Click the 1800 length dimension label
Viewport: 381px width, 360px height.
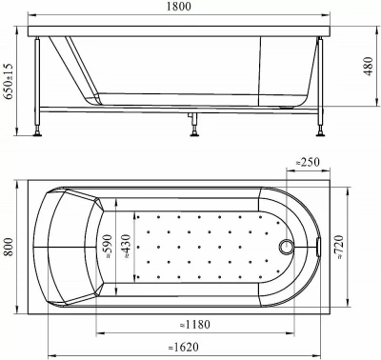(x=179, y=6)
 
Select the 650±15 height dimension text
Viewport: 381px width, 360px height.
(x=9, y=81)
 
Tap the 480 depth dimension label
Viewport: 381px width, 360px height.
(x=369, y=67)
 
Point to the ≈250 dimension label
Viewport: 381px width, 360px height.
(x=308, y=162)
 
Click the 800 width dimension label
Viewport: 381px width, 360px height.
(x=9, y=247)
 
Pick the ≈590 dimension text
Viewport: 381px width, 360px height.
(x=108, y=247)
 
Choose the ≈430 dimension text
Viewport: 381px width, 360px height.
(x=126, y=247)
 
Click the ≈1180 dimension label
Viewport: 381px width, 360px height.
(x=195, y=325)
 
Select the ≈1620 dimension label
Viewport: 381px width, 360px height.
(x=184, y=347)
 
